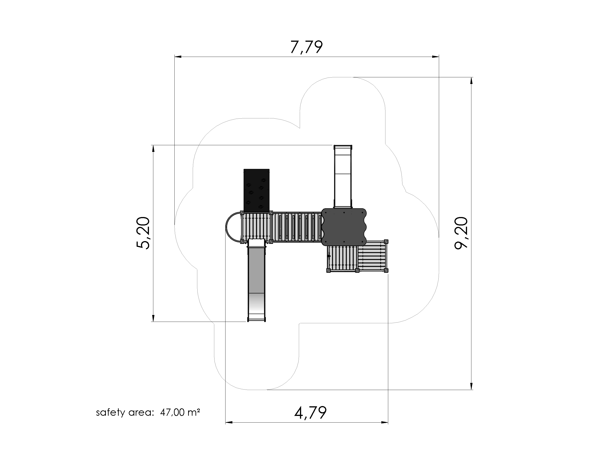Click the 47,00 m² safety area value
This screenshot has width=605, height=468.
coord(180,412)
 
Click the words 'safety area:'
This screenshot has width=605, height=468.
coord(125,412)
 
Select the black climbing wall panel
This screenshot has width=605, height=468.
coord(256,190)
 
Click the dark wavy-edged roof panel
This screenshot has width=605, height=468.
coord(344,227)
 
